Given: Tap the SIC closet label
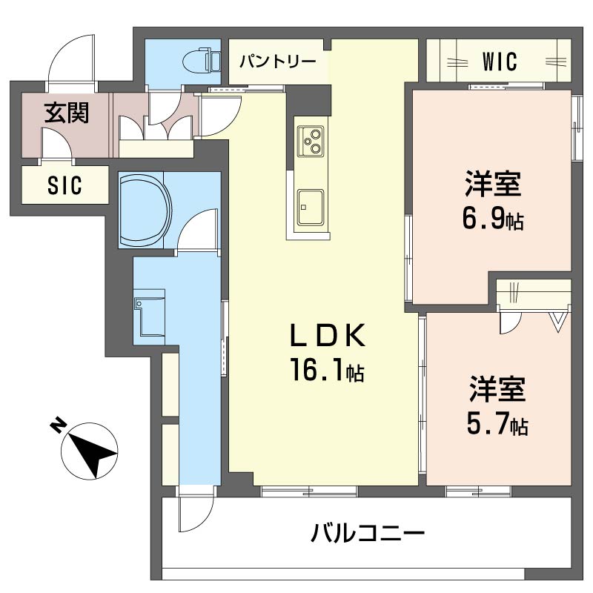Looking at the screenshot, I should tap(64, 185).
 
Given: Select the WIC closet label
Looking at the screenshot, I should tap(498, 62).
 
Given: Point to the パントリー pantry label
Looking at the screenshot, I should tap(277, 61).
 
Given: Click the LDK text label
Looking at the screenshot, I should tap(326, 338).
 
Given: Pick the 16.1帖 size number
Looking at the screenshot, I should tap(326, 371).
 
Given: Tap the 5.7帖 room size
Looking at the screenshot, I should tap(497, 425).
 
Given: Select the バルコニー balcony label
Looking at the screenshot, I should tap(367, 533).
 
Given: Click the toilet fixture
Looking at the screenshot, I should tap(202, 59).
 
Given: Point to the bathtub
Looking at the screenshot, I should tap(145, 210).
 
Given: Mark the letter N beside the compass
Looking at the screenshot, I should tap(56, 425).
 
